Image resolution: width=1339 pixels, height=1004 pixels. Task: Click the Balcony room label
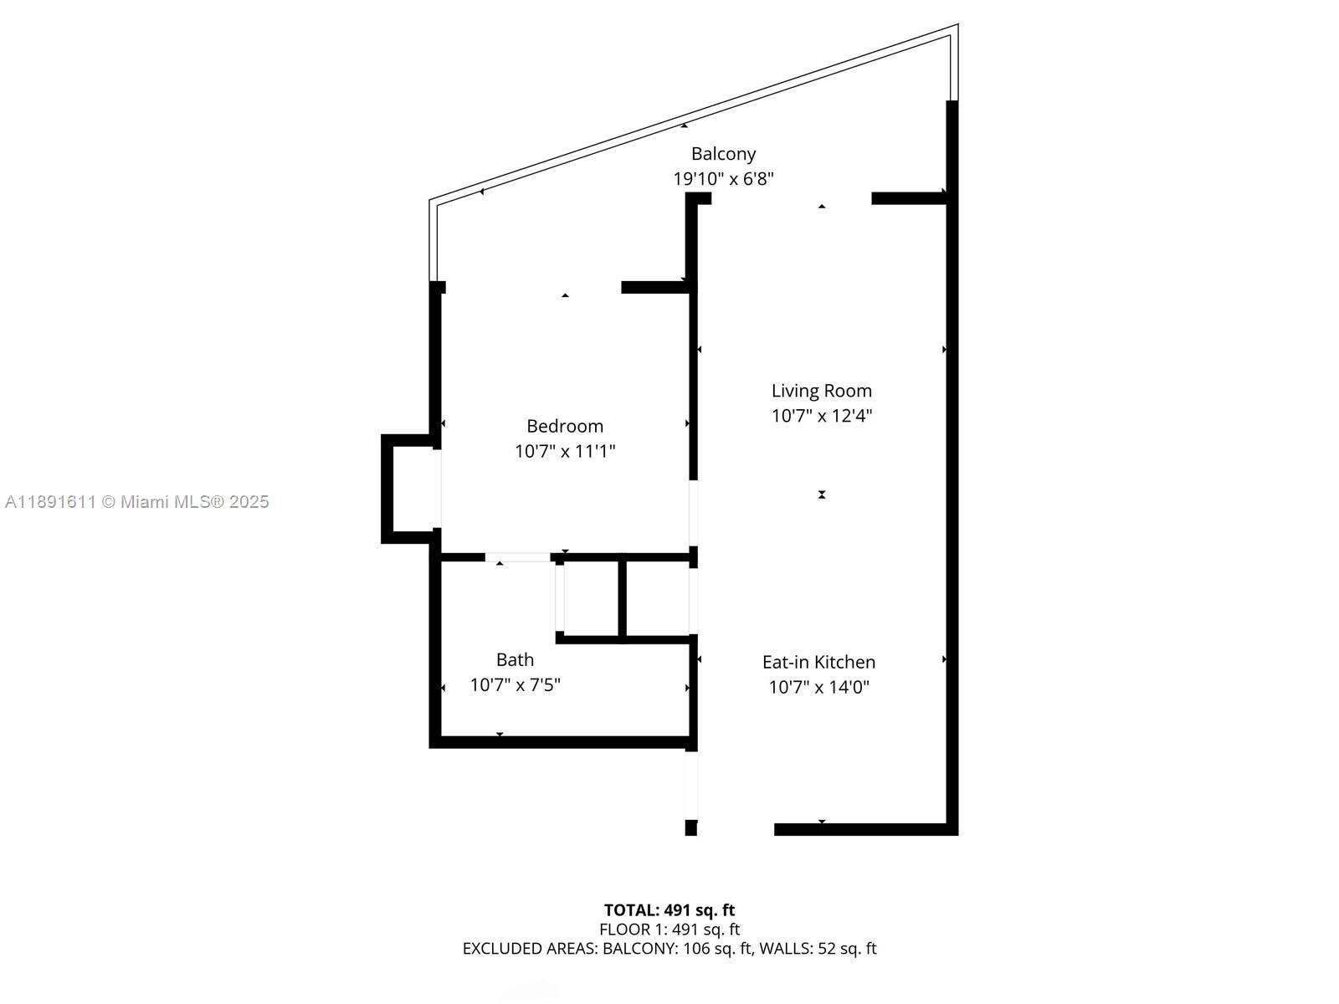tap(723, 154)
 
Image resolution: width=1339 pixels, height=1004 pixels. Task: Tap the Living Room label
tap(821, 391)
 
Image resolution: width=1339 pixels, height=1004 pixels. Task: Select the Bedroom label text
tap(565, 426)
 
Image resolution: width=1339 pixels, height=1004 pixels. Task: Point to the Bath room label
tap(515, 659)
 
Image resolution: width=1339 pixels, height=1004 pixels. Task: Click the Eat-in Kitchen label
tap(818, 662)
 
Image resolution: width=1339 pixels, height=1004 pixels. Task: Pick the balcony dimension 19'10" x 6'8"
tap(723, 179)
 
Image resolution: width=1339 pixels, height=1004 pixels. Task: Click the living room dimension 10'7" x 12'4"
tap(821, 416)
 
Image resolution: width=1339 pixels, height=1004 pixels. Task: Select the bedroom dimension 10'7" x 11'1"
tap(565, 452)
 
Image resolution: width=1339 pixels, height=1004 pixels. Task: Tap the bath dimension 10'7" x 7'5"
tap(515, 685)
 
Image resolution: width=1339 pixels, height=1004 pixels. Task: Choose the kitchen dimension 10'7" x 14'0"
tap(818, 688)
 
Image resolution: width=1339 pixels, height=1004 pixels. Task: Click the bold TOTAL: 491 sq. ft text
tap(669, 910)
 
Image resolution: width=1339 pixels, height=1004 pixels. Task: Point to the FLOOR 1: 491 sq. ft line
tap(669, 930)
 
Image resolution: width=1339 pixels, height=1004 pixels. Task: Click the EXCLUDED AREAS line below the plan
tap(669, 949)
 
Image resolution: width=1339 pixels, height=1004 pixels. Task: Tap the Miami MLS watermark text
tap(137, 502)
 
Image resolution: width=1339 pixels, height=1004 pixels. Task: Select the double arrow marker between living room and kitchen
tap(822, 494)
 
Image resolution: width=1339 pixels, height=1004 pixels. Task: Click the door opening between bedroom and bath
tap(517, 557)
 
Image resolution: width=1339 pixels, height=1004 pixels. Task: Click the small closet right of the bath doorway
tap(591, 598)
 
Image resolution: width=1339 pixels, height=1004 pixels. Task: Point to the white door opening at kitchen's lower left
tap(691, 784)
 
